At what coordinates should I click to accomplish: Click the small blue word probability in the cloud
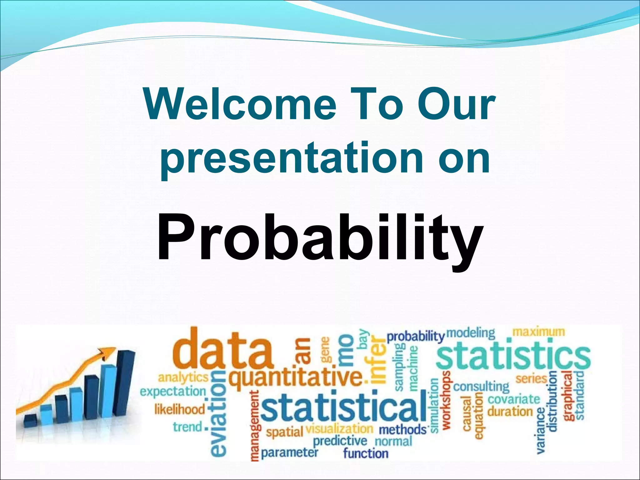[x=415, y=337]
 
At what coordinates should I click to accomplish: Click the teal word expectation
[x=173, y=392]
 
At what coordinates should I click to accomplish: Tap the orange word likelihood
[x=180, y=409]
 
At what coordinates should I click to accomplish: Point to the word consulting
[x=481, y=387]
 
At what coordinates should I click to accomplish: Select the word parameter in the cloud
[x=289, y=452]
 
